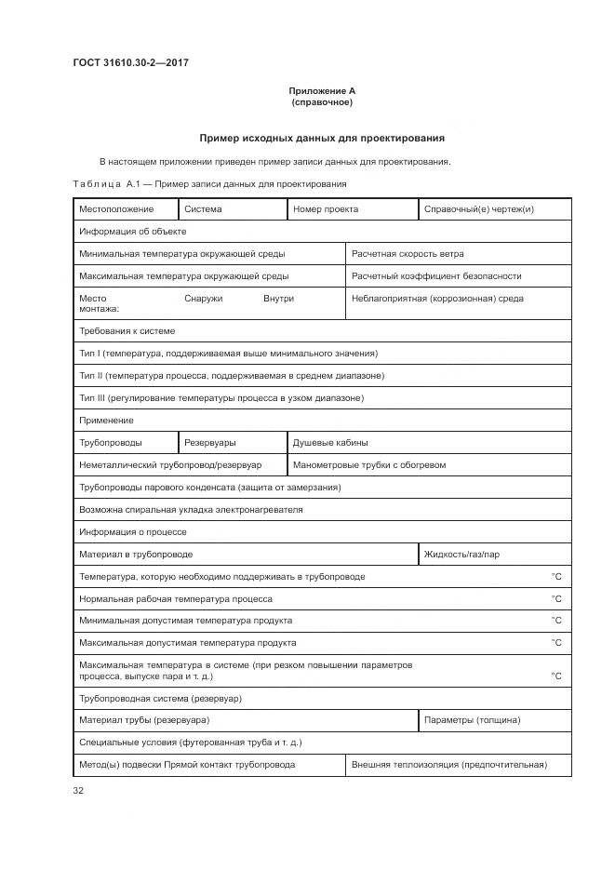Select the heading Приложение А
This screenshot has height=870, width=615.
321,90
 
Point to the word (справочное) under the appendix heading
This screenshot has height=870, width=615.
321,101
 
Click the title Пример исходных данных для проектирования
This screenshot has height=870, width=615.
321,138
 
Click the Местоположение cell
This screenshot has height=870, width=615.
116,209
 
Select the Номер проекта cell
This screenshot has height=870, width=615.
326,209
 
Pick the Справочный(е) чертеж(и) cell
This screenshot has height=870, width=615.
478,209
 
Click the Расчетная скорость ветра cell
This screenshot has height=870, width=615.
408,253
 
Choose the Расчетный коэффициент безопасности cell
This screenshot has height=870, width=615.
436,275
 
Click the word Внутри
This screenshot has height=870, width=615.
278,299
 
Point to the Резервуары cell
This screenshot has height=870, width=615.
210,443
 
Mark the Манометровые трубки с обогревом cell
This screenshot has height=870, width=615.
369,464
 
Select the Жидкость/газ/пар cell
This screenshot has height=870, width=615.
461,555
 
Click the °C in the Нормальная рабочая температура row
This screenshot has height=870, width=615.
556,599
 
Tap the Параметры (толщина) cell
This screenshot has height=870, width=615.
472,720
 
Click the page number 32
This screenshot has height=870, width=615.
78,791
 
